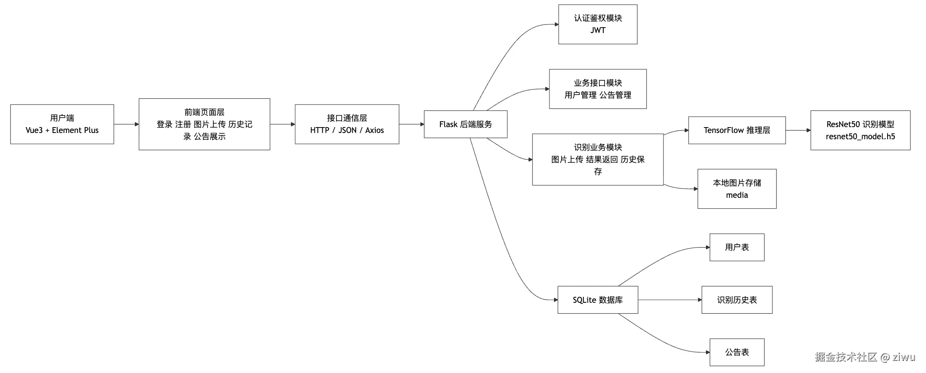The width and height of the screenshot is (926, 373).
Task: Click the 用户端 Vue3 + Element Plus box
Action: point(62,124)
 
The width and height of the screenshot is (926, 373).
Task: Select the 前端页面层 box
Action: point(204,124)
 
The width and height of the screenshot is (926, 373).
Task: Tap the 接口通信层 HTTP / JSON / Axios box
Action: point(347,124)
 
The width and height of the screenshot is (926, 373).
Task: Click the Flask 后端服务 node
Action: point(465,124)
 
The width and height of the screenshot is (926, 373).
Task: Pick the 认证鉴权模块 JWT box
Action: point(597,24)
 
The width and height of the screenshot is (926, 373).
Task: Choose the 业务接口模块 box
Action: point(597,89)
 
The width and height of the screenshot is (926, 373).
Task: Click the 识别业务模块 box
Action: point(597,159)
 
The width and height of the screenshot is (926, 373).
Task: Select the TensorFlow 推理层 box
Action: point(736,130)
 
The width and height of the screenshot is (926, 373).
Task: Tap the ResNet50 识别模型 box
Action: point(860,130)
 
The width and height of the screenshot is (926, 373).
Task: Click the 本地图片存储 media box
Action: point(736,189)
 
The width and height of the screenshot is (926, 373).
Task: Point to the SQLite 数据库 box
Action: point(597,300)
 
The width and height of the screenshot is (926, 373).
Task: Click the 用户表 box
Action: point(736,247)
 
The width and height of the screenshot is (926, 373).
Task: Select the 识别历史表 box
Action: point(736,300)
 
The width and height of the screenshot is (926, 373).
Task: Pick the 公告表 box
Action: point(736,352)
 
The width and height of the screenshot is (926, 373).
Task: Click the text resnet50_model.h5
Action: point(860,136)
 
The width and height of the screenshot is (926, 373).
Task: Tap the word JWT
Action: point(597,30)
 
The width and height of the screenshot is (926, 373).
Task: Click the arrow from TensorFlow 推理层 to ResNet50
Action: point(797,130)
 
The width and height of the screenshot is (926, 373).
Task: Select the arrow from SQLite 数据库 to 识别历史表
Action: point(669,300)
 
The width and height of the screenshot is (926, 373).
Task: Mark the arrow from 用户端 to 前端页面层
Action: point(126,124)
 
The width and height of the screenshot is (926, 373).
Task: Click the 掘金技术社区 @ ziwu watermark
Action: point(864,357)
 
